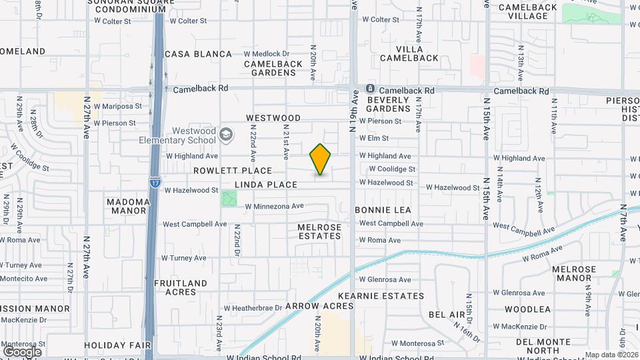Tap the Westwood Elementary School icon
pyautogui.click(x=226, y=135)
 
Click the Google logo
pyautogui.click(x=22, y=351)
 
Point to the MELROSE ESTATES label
pyautogui.click(x=319, y=231)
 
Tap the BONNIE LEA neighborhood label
pyautogui.click(x=383, y=209)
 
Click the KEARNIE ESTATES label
pyautogui.click(x=381, y=295)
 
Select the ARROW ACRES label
pyautogui.click(x=319, y=305)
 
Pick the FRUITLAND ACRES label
pyautogui.click(x=180, y=287)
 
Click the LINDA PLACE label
pyautogui.click(x=265, y=184)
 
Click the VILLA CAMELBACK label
pyautogui.click(x=409, y=53)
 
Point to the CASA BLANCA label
pyautogui.click(x=198, y=54)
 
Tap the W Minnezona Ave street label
pyautogui.click(x=274, y=206)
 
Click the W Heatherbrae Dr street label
pyautogui.click(x=253, y=308)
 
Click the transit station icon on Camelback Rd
pyautogui.click(x=371, y=89)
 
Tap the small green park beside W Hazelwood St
pyautogui.click(x=229, y=198)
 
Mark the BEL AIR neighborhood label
pyautogui.click(x=446, y=314)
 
